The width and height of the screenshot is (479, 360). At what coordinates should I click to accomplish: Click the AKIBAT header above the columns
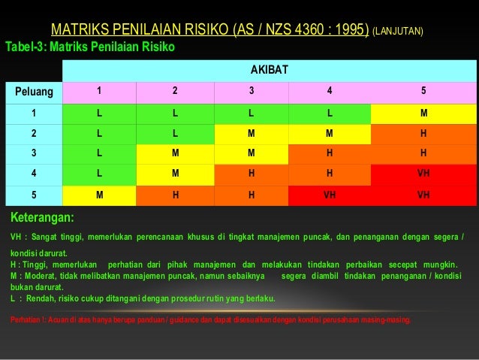pos(269,71)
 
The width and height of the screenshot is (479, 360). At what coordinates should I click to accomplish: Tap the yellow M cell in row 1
pos(423,113)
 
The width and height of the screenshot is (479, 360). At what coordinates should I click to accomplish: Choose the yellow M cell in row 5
pos(100,195)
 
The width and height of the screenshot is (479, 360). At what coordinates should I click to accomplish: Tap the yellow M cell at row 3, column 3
pos(252,154)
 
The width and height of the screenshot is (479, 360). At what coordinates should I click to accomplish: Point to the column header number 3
pos(252,92)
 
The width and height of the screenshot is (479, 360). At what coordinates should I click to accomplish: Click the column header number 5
pos(423,92)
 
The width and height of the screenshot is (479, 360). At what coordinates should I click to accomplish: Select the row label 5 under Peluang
pos(34,195)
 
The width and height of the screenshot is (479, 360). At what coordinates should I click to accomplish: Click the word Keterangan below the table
pos(42,218)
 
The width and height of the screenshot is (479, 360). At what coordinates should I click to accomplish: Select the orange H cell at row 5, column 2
pos(175,195)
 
